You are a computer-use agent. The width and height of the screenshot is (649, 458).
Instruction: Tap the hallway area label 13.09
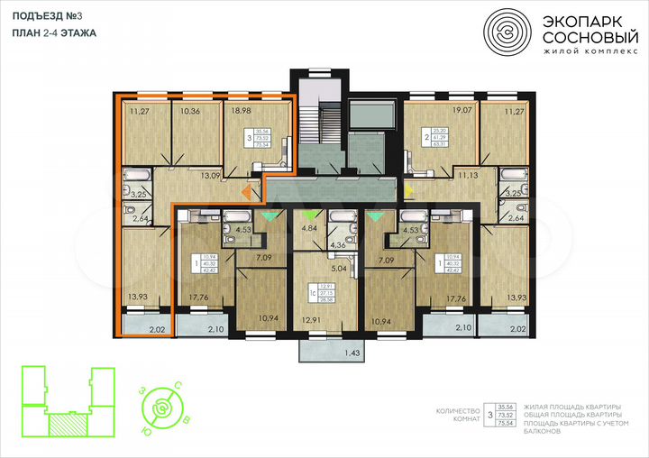pyautogui.click(x=211, y=175)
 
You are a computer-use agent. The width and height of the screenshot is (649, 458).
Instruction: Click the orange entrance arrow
pyautogui.click(x=247, y=191)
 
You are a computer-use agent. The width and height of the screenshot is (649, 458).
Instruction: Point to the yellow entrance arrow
pyautogui.click(x=407, y=190)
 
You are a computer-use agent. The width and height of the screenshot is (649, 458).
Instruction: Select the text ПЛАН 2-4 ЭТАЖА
pyautogui.click(x=55, y=32)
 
